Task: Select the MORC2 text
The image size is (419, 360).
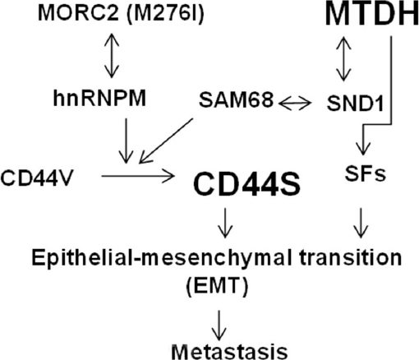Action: click(79, 13)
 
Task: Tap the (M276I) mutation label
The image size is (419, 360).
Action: click(166, 14)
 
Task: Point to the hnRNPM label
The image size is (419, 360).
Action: click(99, 99)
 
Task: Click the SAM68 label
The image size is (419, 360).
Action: click(237, 99)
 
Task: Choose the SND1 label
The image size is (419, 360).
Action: click(355, 104)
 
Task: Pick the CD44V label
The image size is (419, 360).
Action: click(37, 178)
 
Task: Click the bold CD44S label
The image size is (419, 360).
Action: click(246, 184)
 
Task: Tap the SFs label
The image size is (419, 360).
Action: click(365, 173)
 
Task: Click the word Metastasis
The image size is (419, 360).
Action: click(229, 352)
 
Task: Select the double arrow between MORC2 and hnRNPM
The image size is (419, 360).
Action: click(112, 56)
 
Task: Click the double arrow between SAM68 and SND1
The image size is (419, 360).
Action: click(295, 103)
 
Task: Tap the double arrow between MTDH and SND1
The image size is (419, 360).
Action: click(343, 59)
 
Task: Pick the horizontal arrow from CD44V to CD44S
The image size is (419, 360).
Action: click(138, 176)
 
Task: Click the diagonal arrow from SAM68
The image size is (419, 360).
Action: click(166, 141)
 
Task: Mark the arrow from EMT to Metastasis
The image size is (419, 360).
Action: click(219, 325)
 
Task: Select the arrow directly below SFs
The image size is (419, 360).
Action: click(361, 223)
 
